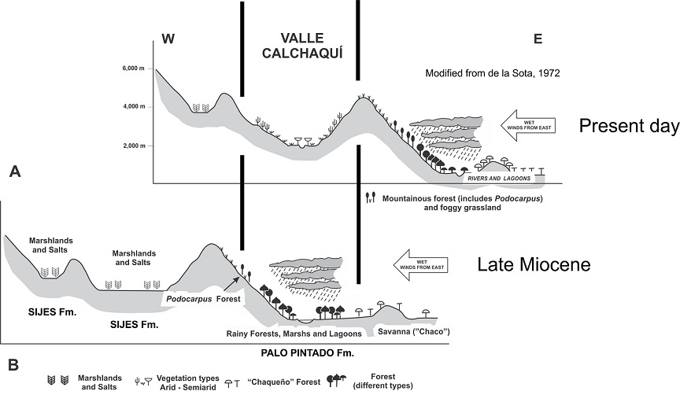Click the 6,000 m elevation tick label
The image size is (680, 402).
click(133, 69)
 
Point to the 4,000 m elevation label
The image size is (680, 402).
click(133, 106)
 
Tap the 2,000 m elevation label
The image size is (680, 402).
click(133, 146)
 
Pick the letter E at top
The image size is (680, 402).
click(538, 40)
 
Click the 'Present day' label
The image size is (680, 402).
click(627, 125)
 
